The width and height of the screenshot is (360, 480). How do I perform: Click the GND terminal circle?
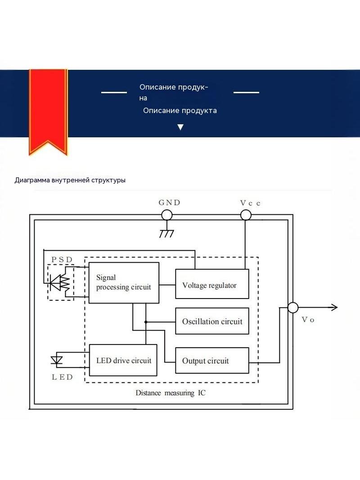pyautogui.click(x=166, y=215)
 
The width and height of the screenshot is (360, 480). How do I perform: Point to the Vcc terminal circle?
pyautogui.click(x=246, y=215)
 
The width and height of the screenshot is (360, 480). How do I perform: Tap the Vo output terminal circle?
pyautogui.click(x=292, y=308)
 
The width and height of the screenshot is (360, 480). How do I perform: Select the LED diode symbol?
pyautogui.click(x=57, y=360)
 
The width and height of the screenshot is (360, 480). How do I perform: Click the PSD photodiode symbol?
pyautogui.click(x=60, y=282)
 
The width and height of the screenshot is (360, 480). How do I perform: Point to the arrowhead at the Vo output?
pyautogui.click(x=335, y=307)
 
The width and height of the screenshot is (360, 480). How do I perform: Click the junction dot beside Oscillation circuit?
pyautogui.click(x=146, y=322)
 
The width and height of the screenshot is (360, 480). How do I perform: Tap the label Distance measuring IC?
pyautogui.click(x=171, y=393)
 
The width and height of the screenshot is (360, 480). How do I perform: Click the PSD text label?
pyautogui.click(x=62, y=260)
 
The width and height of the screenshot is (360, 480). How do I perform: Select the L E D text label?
pyautogui.click(x=62, y=377)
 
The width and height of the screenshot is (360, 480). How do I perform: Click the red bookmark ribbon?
pyautogui.click(x=48, y=112)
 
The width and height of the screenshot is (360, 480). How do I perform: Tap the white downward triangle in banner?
pyautogui.click(x=180, y=127)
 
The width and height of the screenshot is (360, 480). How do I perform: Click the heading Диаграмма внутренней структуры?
pyautogui.click(x=70, y=180)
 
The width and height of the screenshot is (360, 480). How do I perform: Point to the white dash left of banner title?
pyautogui.click(x=114, y=92)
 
